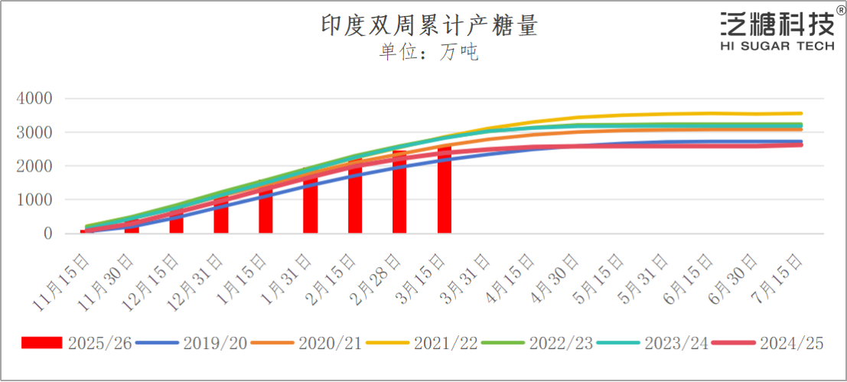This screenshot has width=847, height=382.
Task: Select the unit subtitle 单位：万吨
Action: point(428,52)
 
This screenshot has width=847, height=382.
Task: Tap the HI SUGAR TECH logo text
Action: point(777,47)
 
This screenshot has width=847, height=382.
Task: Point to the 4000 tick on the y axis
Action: point(36,99)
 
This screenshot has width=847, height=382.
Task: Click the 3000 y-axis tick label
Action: point(36,132)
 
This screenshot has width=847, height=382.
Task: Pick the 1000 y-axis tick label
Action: point(36,200)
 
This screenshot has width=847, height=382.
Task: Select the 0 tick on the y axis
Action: point(47,233)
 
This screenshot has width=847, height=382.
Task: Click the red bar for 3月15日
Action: point(445,191)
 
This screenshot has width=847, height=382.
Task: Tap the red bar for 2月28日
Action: point(399,195)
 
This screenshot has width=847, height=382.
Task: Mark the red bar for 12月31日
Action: point(221,217)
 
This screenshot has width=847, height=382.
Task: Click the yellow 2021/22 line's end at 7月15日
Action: point(801,113)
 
